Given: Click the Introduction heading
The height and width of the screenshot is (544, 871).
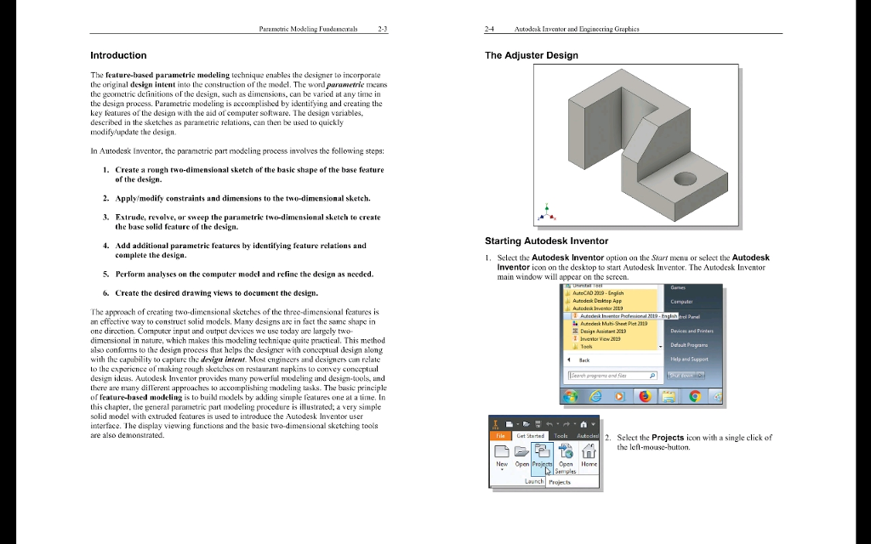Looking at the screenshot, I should click(118, 55).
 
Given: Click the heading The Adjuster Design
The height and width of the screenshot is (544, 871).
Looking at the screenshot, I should click(531, 55).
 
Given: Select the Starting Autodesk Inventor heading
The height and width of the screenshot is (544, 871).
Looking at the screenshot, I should click(546, 241).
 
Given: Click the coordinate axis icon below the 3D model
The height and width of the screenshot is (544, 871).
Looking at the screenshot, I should click(546, 212).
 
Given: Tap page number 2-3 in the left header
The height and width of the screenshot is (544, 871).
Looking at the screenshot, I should click(382, 28).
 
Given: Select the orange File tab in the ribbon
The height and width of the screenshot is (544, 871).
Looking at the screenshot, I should click(499, 435).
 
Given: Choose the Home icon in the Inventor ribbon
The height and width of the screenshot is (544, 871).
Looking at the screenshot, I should click(589, 454).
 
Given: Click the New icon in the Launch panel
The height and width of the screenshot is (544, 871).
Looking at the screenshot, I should click(502, 454).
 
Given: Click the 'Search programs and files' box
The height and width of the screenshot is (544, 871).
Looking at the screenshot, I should click(612, 375).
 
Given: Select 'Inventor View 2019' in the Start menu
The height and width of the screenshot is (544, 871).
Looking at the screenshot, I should click(601, 338).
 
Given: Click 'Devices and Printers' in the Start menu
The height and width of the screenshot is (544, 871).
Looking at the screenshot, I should click(691, 331).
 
